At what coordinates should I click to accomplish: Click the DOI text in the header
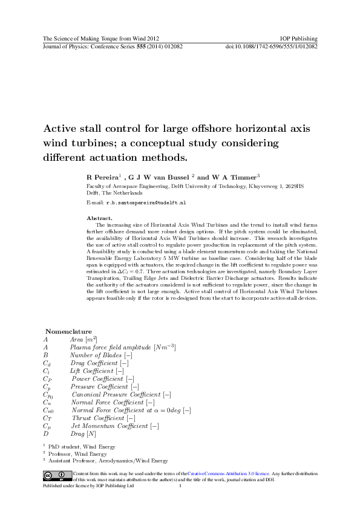271,46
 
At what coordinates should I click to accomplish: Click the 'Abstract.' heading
99,217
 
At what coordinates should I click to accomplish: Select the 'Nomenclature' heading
68,331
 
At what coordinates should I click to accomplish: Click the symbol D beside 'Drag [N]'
45,433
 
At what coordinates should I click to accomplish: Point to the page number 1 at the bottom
180,485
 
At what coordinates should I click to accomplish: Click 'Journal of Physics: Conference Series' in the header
87,46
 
